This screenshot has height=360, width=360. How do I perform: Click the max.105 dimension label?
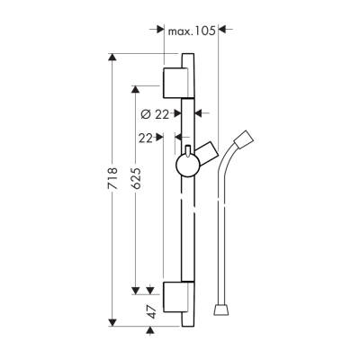(191, 31)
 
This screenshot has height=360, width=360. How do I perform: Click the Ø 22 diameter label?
(156, 113)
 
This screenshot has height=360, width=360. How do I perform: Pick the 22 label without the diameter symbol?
(147, 138)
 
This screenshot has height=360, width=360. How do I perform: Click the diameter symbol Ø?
(146, 113)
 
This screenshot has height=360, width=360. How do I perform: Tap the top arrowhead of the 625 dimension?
(136, 90)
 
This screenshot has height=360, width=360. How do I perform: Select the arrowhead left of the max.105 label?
(159, 31)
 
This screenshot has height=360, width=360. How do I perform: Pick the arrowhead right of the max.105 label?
(224, 31)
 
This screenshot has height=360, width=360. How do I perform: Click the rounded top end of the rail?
(186, 58)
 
